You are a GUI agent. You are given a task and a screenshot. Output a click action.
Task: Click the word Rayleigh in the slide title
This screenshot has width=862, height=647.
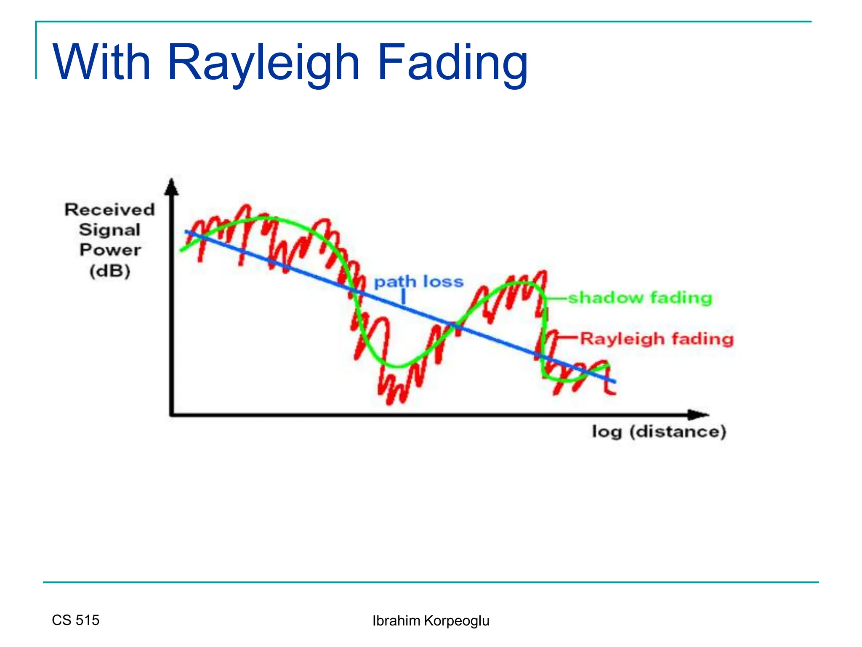pos(263,63)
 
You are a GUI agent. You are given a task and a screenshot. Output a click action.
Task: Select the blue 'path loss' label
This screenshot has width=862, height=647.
pos(419,281)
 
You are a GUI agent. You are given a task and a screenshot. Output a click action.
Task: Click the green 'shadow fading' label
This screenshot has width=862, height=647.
pos(640,298)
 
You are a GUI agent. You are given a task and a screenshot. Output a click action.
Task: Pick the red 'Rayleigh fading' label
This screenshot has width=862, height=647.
pos(657,339)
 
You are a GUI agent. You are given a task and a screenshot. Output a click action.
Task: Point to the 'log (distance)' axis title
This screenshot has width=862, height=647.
pos(659,432)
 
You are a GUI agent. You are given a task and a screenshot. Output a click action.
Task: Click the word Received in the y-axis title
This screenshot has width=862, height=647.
pos(110,209)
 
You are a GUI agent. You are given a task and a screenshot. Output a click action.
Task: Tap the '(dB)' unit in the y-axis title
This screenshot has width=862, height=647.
pos(110,270)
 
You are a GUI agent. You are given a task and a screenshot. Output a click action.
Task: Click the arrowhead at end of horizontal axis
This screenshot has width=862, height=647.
pos(699,414)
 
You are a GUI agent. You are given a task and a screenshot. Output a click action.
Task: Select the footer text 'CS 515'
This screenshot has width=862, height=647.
pos(76,620)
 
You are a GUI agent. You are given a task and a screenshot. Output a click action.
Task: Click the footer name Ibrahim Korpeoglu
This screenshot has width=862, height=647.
pos(431,621)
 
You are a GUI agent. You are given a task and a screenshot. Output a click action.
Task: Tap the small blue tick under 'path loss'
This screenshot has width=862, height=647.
pos(403,297)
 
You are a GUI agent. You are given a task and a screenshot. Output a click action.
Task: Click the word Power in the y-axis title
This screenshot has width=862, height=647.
pos(110,250)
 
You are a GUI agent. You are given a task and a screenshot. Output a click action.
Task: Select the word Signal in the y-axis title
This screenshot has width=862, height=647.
pos(110,230)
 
